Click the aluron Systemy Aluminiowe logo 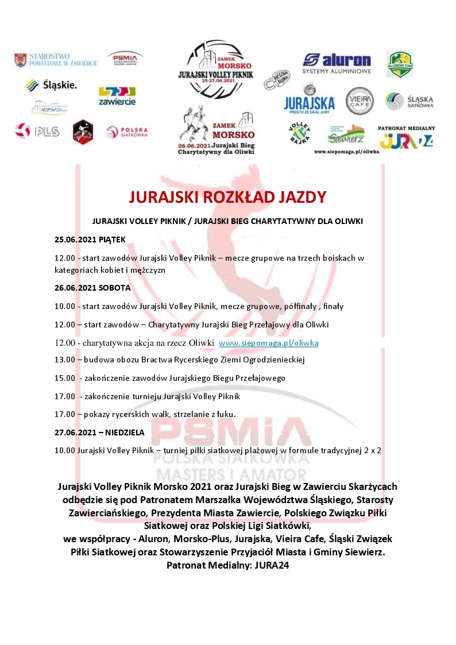pyautogui.click(x=337, y=63)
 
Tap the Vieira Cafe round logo pyautogui.click(x=360, y=101)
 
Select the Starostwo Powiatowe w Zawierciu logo pyautogui.click(x=56, y=59)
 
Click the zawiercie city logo pyautogui.click(x=117, y=95)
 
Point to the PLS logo pyautogui.click(x=37, y=131)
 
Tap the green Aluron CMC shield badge pyautogui.click(x=400, y=64)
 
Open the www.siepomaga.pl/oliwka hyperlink pyautogui.click(x=268, y=343)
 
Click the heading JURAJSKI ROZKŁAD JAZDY pyautogui.click(x=227, y=197)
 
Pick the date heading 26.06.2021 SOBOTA pyautogui.click(x=92, y=287)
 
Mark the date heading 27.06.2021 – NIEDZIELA pyautogui.click(x=99, y=432)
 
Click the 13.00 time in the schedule pyautogui.click(x=64, y=360)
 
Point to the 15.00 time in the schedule pyautogui.click(x=64, y=378)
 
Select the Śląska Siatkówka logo pyautogui.click(x=409, y=101)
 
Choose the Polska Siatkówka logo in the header pyautogui.click(x=127, y=132)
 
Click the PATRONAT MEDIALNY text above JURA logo pyautogui.click(x=406, y=128)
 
